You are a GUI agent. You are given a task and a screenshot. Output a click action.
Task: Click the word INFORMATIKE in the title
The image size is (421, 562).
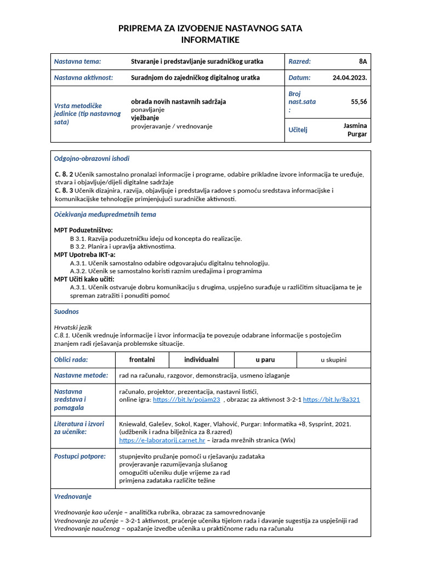(x=210, y=40)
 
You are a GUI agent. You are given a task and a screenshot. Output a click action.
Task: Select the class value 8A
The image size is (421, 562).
(x=363, y=61)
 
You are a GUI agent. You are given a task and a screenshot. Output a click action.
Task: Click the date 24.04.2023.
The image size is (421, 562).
(x=350, y=77)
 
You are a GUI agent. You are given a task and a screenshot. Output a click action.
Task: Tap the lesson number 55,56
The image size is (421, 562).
(x=359, y=102)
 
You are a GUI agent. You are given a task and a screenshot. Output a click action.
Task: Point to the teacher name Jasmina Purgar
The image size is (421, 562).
(x=355, y=130)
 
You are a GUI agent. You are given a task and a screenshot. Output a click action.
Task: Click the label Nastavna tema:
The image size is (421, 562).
(x=77, y=61)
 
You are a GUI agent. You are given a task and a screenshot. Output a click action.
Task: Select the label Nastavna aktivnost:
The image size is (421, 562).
(x=83, y=77)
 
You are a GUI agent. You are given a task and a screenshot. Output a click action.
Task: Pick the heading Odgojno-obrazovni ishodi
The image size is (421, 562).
(x=92, y=159)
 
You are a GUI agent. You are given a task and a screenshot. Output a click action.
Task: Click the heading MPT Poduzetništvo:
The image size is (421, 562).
(x=83, y=231)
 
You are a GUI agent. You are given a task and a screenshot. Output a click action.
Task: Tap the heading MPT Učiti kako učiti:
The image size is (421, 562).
(x=84, y=279)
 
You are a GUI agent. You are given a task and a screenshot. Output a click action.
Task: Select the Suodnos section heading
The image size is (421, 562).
(x=66, y=311)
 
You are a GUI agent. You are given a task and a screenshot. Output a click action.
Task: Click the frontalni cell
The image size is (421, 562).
(x=142, y=360)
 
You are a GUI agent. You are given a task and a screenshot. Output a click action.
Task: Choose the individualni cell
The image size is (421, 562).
(x=201, y=360)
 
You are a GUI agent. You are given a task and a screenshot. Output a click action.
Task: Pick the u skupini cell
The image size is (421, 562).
(x=333, y=360)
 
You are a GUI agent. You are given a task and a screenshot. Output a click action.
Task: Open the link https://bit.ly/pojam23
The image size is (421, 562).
(x=186, y=400)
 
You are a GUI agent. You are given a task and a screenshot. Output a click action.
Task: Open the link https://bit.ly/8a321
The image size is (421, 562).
(x=331, y=400)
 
